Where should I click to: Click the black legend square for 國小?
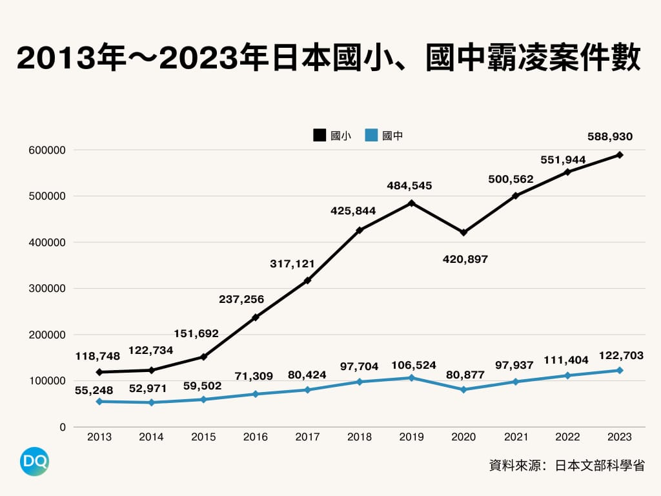tap(320, 136)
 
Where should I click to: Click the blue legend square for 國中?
tap(371, 136)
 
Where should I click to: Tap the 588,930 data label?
tap(610, 136)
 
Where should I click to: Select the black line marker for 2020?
tap(463, 232)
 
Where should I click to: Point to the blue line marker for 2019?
tap(411, 378)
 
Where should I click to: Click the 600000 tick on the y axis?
tap(48, 150)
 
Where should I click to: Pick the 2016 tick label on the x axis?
tap(255, 437)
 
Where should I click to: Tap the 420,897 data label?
tap(465, 260)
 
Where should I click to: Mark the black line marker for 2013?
tap(99, 372)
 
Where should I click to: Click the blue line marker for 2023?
tap(620, 370)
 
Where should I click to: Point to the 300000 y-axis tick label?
tap(48, 289)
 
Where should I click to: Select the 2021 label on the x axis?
tap(515, 437)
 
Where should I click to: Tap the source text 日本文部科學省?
tap(600, 466)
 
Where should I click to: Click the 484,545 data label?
tap(409, 186)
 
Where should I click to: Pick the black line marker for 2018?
tap(360, 230)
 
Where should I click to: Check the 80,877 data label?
tap(463, 374)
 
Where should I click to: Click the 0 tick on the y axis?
tap(63, 427)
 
